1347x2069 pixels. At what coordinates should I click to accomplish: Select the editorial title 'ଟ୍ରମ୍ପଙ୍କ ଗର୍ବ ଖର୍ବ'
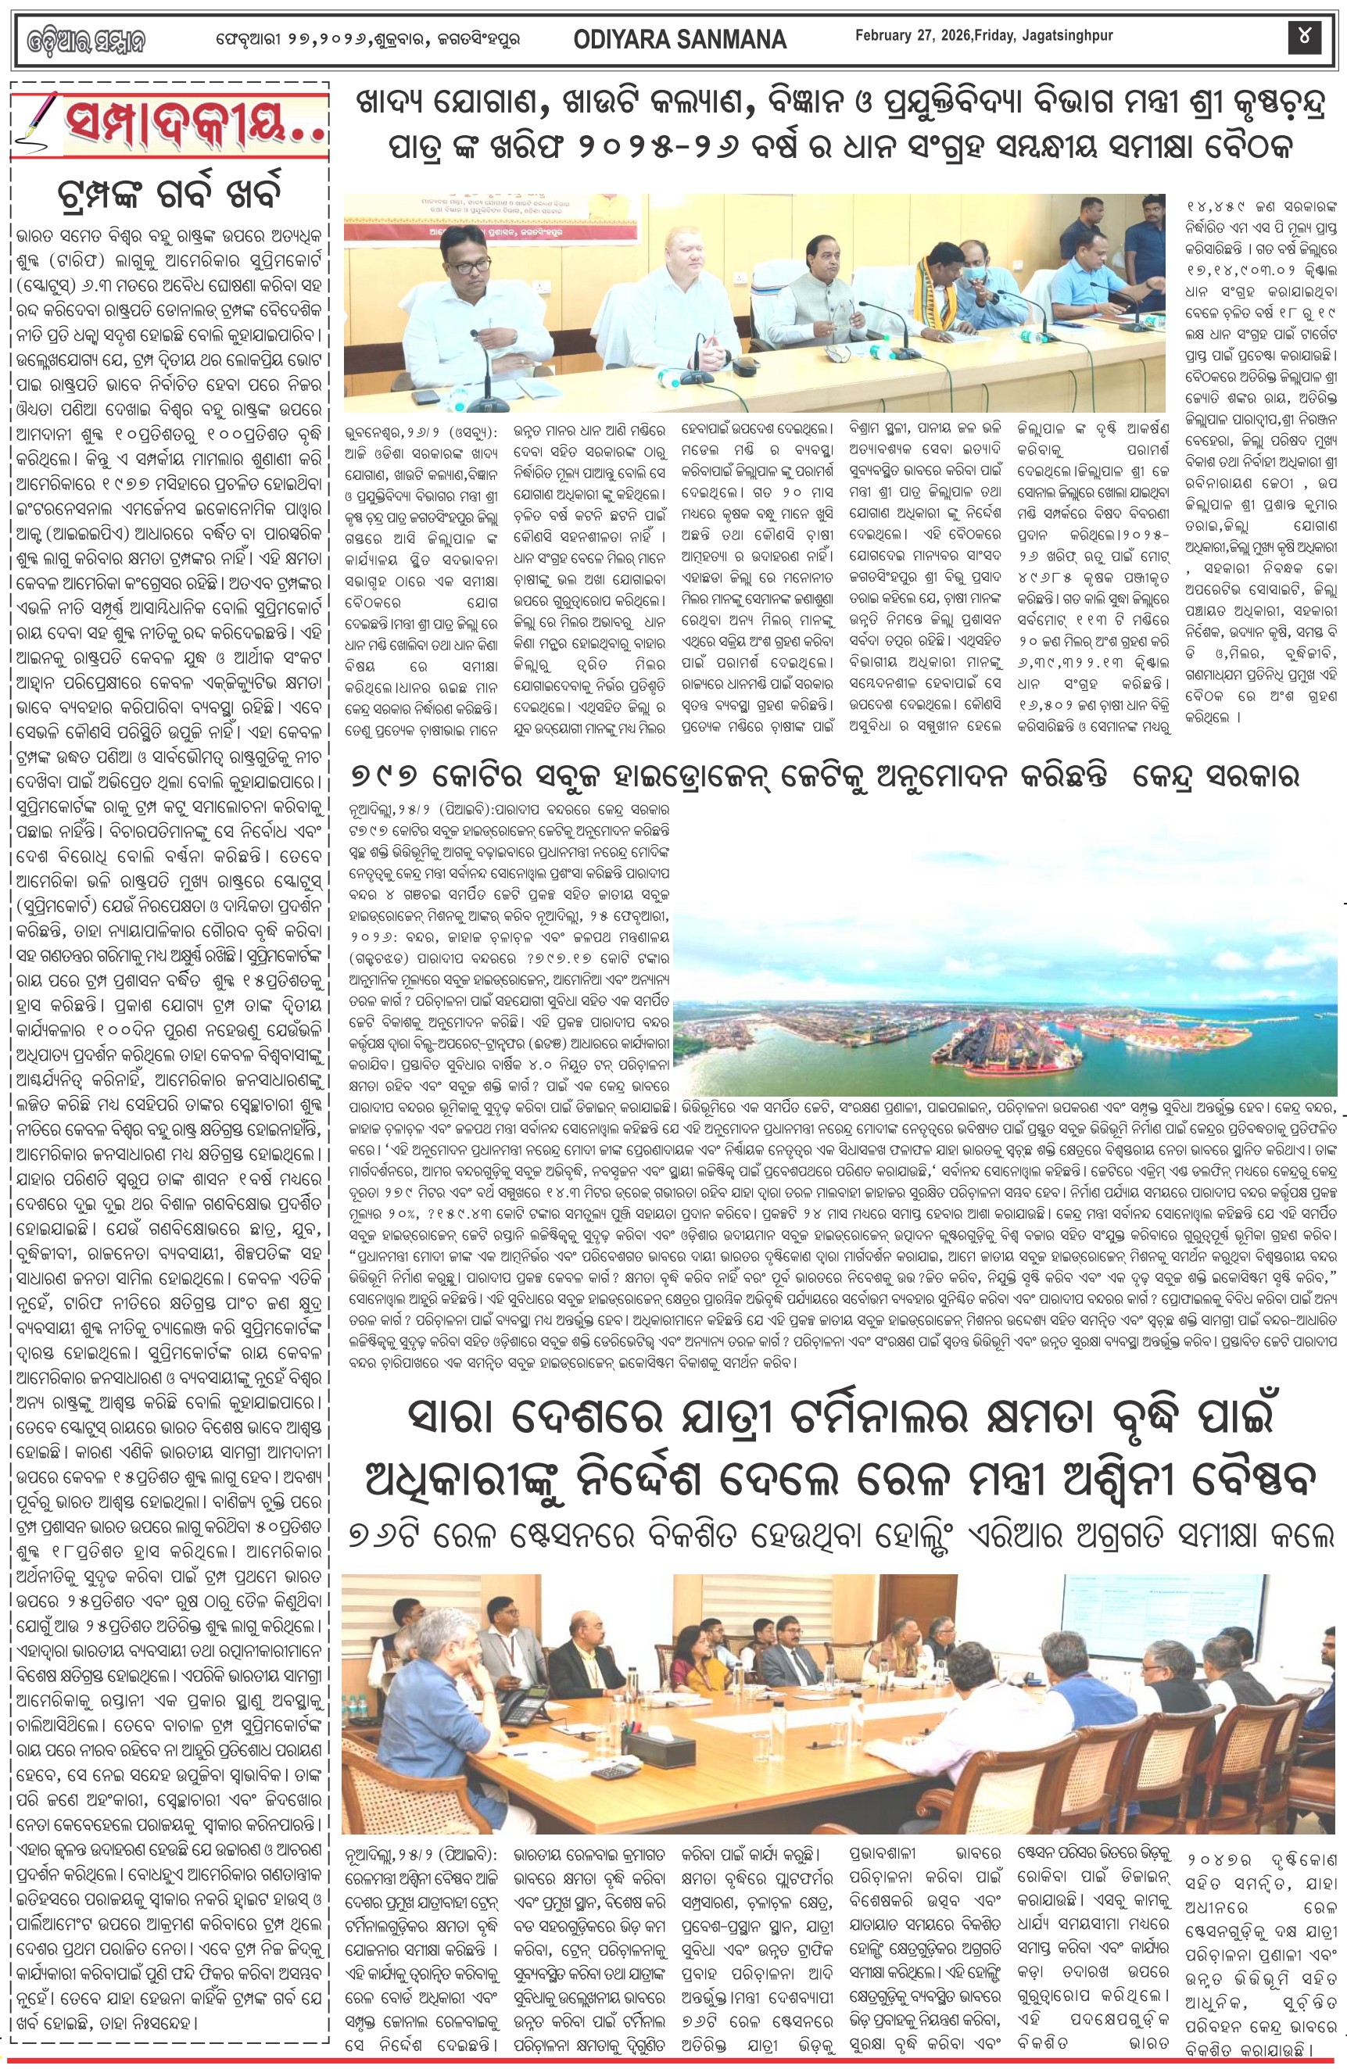tap(169, 192)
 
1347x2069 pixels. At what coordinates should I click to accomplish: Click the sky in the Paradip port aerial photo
tap(1000, 869)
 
